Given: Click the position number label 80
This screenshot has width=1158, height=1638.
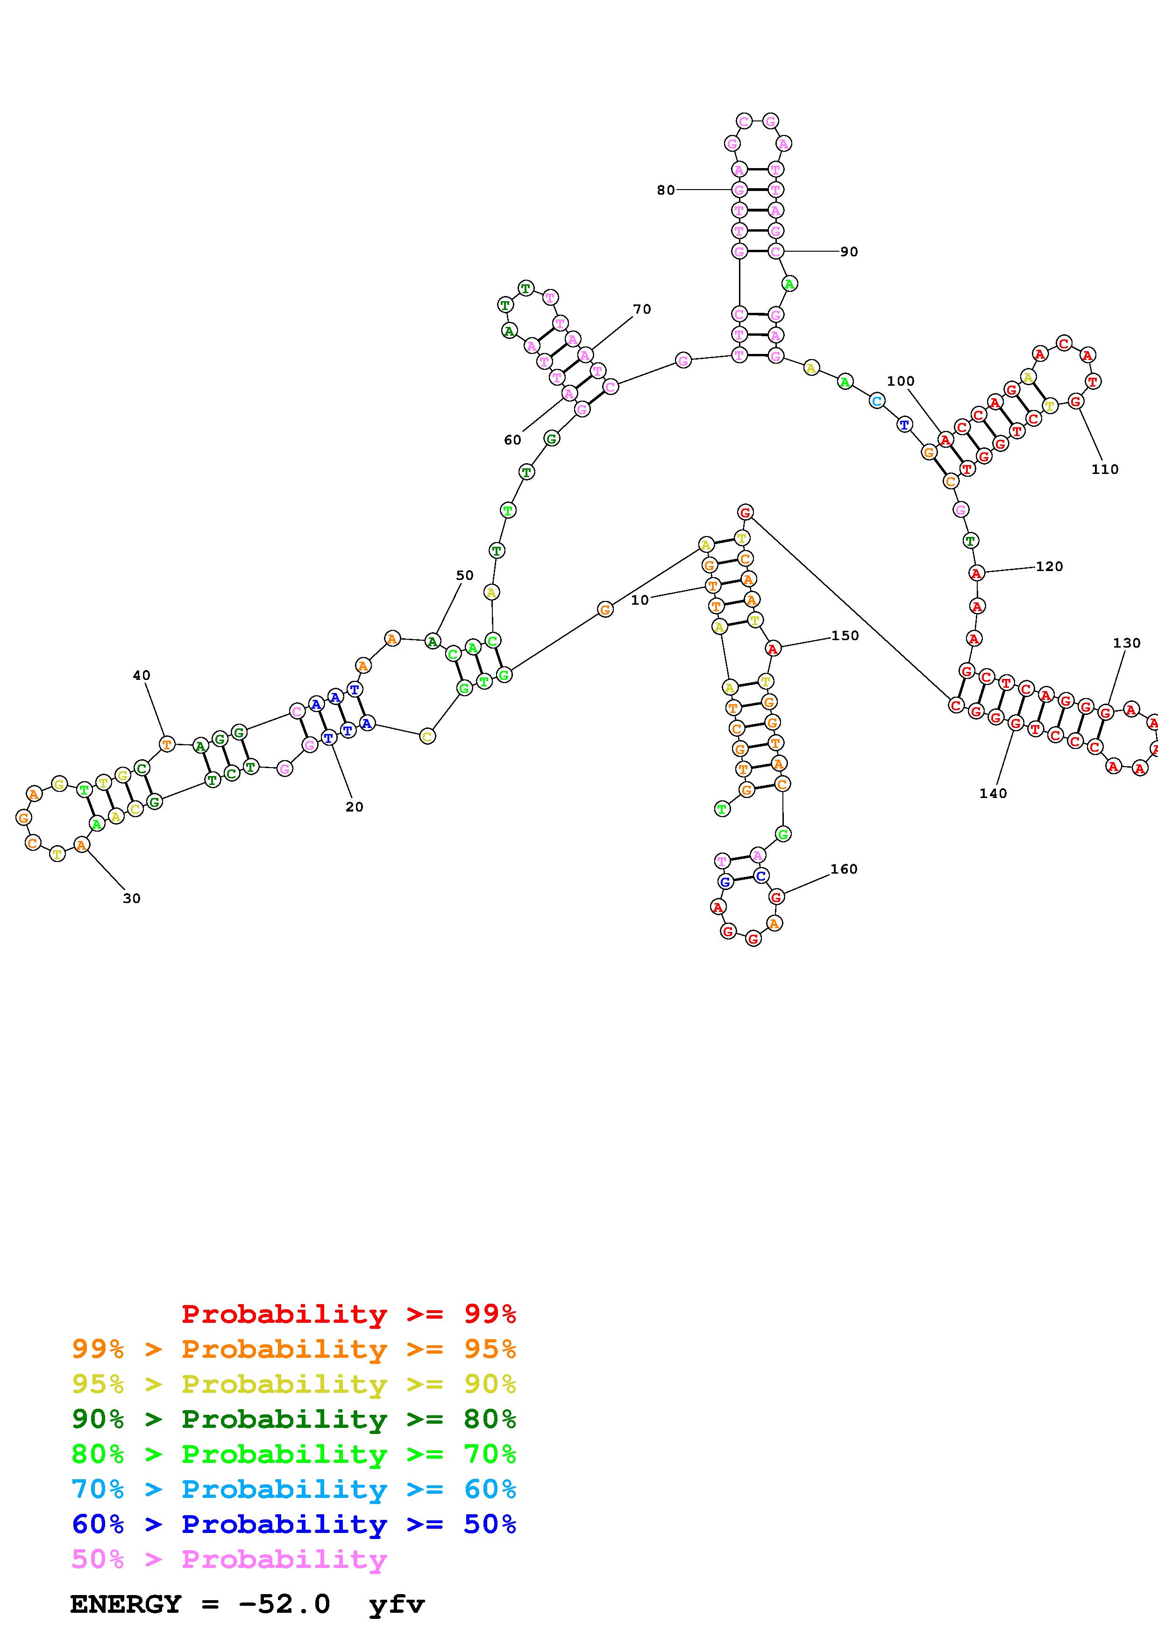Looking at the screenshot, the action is click(665, 191).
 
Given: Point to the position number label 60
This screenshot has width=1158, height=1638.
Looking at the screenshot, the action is click(512, 440).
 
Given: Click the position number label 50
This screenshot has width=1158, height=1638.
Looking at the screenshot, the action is click(464, 576).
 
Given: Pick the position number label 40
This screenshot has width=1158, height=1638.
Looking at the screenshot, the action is click(141, 676).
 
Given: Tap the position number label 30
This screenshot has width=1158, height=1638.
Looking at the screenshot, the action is click(132, 899).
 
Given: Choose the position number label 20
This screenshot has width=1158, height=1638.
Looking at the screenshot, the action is click(354, 807).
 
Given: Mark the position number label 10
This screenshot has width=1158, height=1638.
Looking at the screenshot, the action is click(640, 600).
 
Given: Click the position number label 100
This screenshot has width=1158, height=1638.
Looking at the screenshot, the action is click(901, 381).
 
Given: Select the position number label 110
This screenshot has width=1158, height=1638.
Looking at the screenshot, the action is click(1104, 469).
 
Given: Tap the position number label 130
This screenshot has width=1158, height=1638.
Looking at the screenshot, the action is click(1127, 643).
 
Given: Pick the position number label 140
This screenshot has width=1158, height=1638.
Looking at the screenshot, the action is click(993, 793).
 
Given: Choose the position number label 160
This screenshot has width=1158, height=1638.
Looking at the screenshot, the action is click(843, 869).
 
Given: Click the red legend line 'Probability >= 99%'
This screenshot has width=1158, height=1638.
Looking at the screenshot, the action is click(348, 1313).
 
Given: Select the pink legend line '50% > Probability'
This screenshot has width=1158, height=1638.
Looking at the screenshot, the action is click(229, 1559).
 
